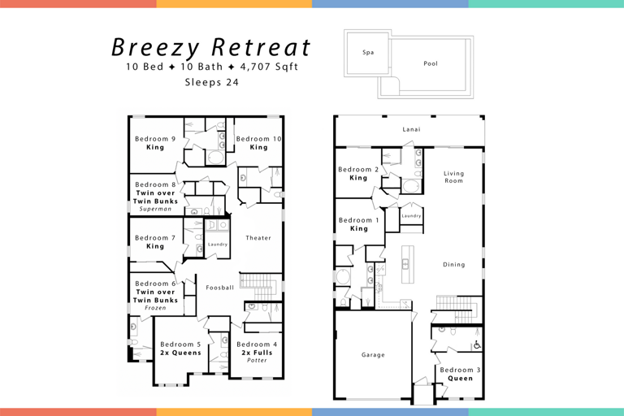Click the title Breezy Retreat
coord(211,46)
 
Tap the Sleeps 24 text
coord(211,81)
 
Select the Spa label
coord(368,52)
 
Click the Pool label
coord(431,63)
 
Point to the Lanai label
coord(411,129)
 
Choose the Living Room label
coord(453,176)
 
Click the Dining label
coord(453,264)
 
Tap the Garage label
coord(373,354)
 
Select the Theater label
coord(258,238)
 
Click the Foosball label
coord(219,287)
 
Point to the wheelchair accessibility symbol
coord(477,345)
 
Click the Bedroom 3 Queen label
coord(460,374)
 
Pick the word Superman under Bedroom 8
coord(155,209)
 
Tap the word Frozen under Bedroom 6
coord(155,309)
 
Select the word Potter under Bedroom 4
coord(257,360)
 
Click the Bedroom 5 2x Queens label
coord(180,349)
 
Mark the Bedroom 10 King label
coord(259,143)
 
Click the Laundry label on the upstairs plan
coord(217,244)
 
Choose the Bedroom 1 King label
coord(358,224)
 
